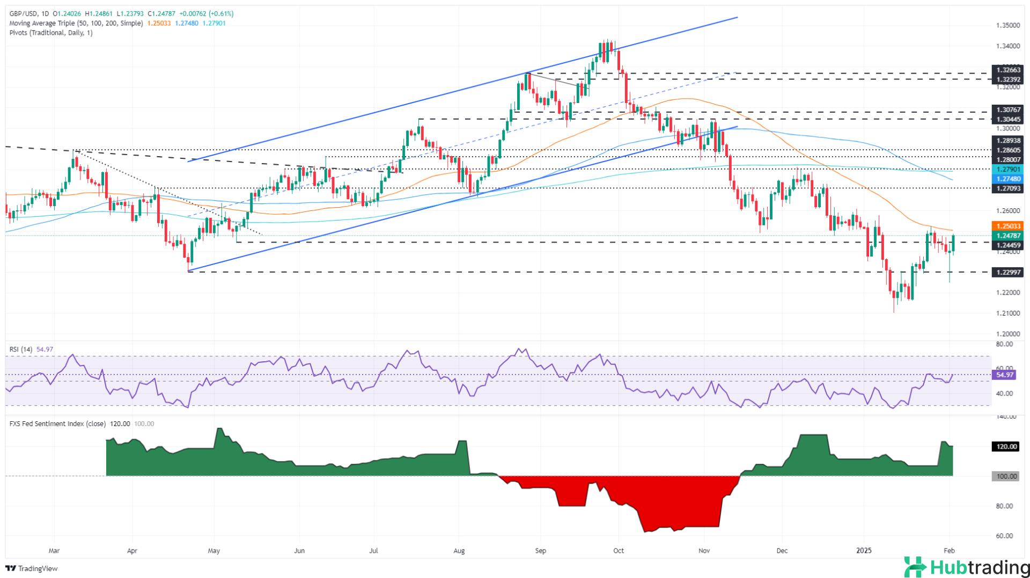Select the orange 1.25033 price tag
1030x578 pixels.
(x=1008, y=226)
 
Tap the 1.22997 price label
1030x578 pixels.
(x=1008, y=272)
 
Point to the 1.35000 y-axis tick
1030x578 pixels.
(x=1008, y=25)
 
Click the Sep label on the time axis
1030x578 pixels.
(x=540, y=551)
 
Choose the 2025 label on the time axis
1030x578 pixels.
(x=864, y=551)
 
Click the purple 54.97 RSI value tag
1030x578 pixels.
(x=1004, y=375)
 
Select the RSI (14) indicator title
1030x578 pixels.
(x=21, y=349)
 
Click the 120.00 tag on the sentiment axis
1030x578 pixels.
(x=1007, y=447)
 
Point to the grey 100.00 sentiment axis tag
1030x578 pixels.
(x=1007, y=476)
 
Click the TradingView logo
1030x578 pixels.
(x=32, y=568)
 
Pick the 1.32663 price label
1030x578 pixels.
(x=1008, y=70)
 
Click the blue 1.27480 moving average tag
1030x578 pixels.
(x=1008, y=179)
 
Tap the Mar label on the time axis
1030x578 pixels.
(x=54, y=551)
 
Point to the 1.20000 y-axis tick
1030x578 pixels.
(x=1008, y=333)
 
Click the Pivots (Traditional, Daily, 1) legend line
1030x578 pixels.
(x=51, y=33)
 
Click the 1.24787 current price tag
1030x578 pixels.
(x=1008, y=236)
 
